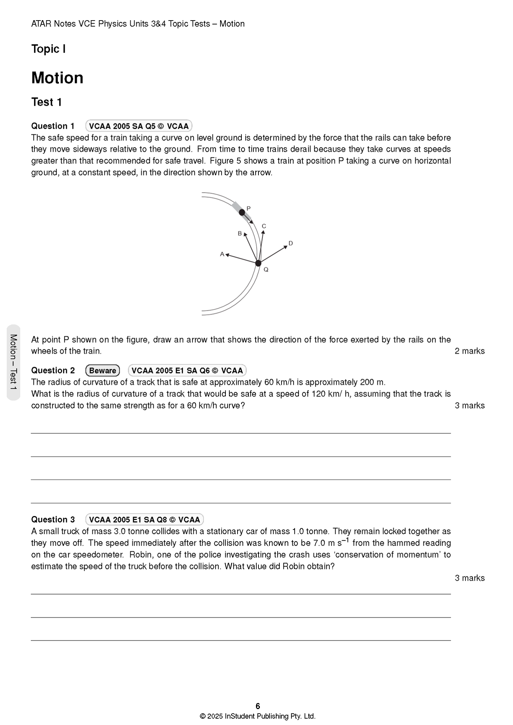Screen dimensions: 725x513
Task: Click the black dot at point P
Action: click(242, 212)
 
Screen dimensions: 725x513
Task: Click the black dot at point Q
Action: click(258, 263)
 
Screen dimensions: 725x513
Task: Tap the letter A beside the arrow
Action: click(222, 254)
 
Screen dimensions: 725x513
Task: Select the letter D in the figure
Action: click(290, 243)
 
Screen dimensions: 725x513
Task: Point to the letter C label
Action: click(264, 226)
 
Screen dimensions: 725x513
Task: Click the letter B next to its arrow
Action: click(240, 233)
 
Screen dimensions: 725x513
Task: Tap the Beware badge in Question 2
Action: click(103, 370)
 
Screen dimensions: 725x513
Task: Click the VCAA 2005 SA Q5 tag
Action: click(139, 126)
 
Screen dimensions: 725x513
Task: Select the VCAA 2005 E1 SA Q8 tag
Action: click(144, 519)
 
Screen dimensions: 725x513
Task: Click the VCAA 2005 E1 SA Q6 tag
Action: click(187, 370)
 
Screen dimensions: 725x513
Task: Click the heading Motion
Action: click(57, 78)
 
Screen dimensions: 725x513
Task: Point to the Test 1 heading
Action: click(47, 102)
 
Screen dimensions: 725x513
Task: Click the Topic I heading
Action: click(48, 49)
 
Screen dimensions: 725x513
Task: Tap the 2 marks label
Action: click(469, 351)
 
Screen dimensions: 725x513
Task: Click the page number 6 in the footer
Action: click(258, 705)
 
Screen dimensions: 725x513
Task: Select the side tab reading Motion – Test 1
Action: click(13, 362)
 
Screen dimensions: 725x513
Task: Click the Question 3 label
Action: click(53, 519)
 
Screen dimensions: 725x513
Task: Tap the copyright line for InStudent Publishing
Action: click(258, 716)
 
